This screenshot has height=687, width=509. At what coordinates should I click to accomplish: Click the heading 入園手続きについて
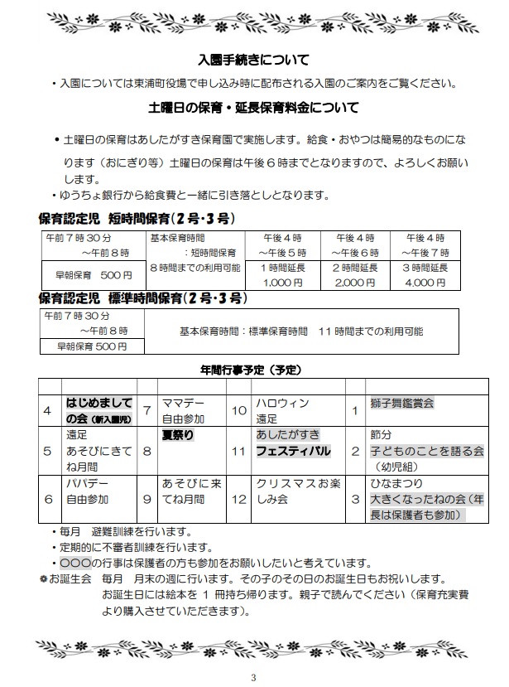click(254, 60)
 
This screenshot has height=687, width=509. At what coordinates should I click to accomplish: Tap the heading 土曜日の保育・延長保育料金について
click(253, 107)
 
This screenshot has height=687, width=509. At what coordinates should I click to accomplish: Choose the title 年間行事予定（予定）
click(253, 368)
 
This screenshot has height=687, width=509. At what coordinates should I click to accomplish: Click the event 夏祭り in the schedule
click(176, 433)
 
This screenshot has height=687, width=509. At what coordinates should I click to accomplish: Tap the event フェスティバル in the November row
click(293, 451)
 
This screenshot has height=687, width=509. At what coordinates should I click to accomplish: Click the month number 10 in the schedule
click(238, 410)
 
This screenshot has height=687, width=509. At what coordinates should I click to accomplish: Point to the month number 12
click(238, 500)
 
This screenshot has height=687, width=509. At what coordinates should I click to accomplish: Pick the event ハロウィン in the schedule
click(282, 403)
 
